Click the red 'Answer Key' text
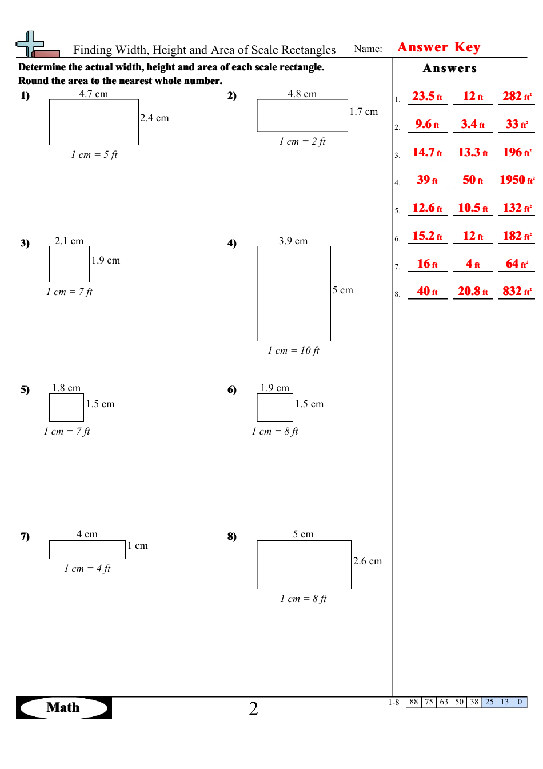tap(438, 47)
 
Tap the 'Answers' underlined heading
tap(450, 69)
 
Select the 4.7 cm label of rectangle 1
tap(93, 94)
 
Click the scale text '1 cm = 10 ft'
tap(293, 350)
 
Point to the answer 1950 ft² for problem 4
tap(516, 180)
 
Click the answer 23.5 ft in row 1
tap(427, 96)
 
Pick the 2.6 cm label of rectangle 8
tap(368, 561)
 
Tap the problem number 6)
tap(231, 389)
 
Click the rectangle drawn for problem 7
tap(87, 549)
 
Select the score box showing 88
tap(414, 702)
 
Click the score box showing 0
tap(520, 702)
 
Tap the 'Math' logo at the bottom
tap(63, 708)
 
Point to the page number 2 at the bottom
tap(253, 709)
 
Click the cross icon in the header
tap(30, 44)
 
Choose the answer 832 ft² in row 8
tap(516, 291)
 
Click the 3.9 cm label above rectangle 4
tap(293, 241)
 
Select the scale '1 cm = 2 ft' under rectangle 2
tap(302, 141)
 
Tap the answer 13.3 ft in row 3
tap(473, 152)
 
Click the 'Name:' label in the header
tap(368, 49)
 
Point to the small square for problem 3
tap(69, 265)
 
